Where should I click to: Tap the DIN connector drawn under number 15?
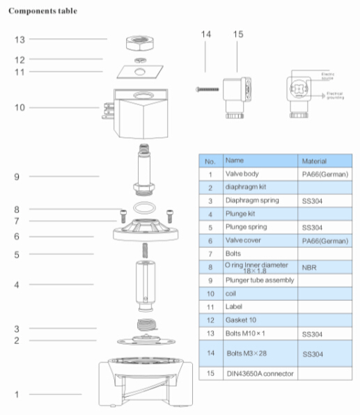pos(233,93)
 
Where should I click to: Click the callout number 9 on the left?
pos(15,177)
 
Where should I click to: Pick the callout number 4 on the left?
pos(15,285)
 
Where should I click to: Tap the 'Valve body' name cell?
pos(242,173)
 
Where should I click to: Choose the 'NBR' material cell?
pos(309,267)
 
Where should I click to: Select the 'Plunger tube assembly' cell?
pos(258,280)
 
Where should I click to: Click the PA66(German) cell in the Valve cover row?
pos(323,240)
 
